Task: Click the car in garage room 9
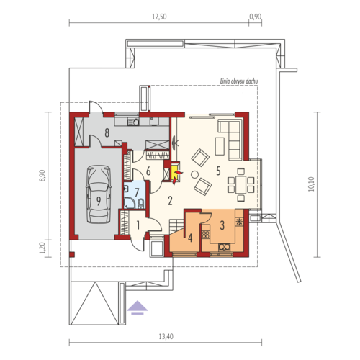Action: tap(99, 194)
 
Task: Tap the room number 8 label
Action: tap(107, 132)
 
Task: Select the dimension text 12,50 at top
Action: tap(159, 17)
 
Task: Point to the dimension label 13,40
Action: tap(166, 336)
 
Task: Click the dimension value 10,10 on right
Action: tap(311, 184)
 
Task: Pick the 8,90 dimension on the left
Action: tap(42, 176)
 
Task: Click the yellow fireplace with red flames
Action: tap(176, 173)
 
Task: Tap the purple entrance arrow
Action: tap(138, 307)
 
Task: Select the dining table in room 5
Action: tap(240, 184)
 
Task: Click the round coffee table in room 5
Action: tap(194, 174)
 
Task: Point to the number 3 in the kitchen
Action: tap(222, 225)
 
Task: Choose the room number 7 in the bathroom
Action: tap(137, 192)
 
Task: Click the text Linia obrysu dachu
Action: tap(239, 81)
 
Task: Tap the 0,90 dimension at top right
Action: tap(255, 17)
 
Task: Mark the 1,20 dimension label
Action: tap(42, 248)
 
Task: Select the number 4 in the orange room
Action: tap(190, 238)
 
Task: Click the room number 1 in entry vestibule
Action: tap(138, 225)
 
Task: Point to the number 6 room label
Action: tap(148, 171)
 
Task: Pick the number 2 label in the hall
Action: tap(170, 201)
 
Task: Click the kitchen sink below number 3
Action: tap(225, 247)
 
